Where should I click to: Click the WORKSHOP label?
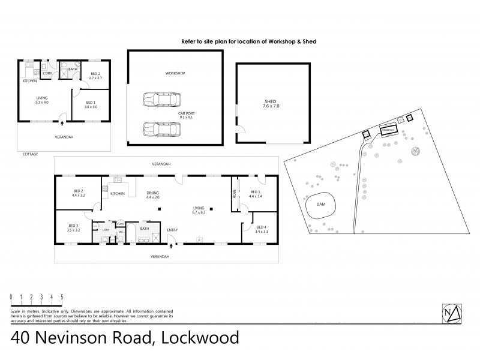(x=175, y=73)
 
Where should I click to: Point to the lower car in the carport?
(x=159, y=128)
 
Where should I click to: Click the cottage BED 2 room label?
(x=94, y=76)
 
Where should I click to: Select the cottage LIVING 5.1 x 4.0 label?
(x=41, y=100)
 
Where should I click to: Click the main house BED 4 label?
(x=261, y=229)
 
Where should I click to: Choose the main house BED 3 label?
(x=74, y=228)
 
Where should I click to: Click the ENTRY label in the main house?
(x=172, y=230)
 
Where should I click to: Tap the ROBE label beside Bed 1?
(x=235, y=193)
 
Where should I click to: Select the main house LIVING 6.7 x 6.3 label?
(x=199, y=209)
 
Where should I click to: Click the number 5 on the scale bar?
(x=62, y=296)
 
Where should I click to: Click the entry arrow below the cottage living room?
(x=62, y=124)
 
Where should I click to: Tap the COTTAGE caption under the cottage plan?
(x=30, y=154)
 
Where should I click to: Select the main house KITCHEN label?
(x=118, y=194)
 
